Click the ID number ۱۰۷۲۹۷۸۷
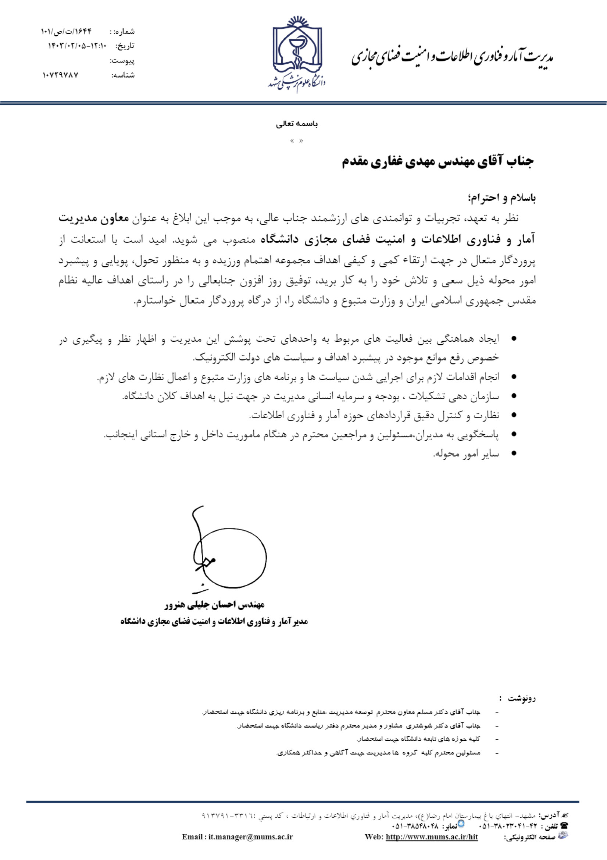point(60,75)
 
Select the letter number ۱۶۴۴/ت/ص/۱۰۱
point(66,32)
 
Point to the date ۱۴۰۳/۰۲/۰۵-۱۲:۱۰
point(77,46)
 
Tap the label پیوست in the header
point(122,60)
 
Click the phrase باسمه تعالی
point(297,124)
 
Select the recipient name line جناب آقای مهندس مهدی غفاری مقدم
point(438,161)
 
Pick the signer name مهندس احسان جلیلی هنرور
point(215,605)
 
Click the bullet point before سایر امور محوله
point(514,454)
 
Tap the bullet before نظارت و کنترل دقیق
point(514,415)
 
